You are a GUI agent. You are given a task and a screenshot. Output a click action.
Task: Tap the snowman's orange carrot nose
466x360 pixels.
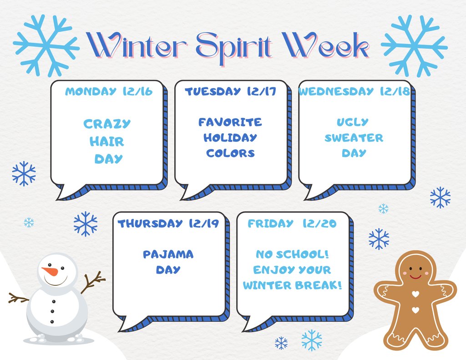(49, 271)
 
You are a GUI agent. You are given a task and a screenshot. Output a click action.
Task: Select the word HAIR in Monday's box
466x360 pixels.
(106, 142)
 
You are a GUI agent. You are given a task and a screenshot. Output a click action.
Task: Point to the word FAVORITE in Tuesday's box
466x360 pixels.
(230, 122)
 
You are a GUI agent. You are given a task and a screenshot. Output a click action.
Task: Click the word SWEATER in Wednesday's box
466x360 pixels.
(354, 138)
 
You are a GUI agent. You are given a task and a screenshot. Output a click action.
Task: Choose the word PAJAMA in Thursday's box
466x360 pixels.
(168, 254)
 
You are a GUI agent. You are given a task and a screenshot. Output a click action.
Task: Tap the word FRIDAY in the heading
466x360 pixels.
(270, 223)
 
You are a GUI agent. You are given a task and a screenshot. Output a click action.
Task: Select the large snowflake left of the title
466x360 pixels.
(46, 46)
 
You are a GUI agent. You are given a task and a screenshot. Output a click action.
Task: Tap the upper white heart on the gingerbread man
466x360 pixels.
(415, 295)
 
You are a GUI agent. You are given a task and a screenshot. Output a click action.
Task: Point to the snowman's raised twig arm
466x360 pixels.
(93, 282)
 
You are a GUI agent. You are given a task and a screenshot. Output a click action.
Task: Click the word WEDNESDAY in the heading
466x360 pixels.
(336, 91)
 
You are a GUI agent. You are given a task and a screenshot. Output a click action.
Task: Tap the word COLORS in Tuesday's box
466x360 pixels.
(230, 153)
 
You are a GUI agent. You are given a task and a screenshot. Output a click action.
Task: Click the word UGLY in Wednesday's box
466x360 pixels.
(353, 122)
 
